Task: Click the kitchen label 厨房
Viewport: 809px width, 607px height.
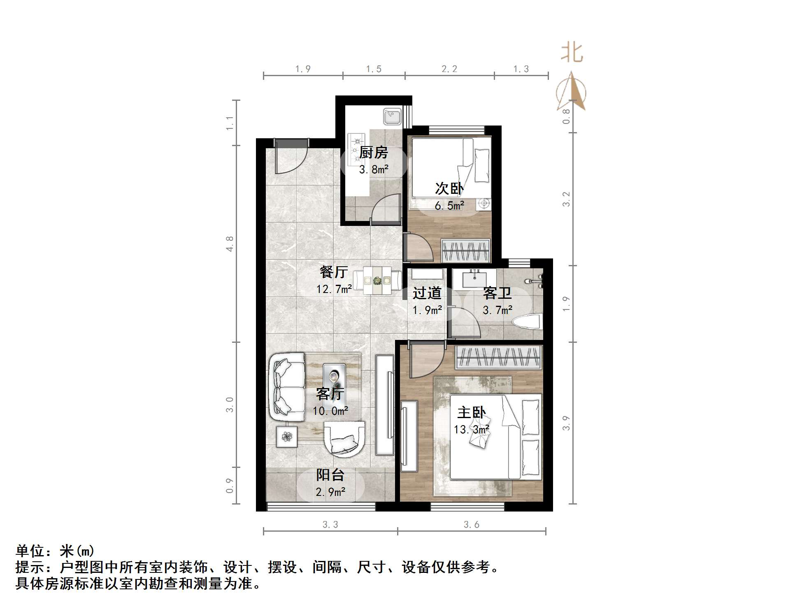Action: [x=374, y=153]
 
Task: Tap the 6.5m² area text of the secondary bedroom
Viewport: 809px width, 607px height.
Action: [x=449, y=205]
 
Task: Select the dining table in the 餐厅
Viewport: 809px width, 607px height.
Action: [x=377, y=281]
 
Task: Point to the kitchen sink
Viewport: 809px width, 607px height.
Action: [x=392, y=117]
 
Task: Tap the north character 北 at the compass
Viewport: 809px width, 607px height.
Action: [x=572, y=53]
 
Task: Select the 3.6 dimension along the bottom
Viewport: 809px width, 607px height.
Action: [x=471, y=525]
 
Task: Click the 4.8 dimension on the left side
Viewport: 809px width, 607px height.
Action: [x=230, y=244]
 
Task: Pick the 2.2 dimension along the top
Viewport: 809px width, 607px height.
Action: [x=449, y=69]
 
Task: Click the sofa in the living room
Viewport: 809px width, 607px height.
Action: [x=287, y=387]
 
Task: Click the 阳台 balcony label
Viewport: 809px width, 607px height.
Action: [x=330, y=475]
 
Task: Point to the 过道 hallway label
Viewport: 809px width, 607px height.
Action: [x=427, y=293]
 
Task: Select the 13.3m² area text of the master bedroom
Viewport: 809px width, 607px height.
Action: [x=471, y=430]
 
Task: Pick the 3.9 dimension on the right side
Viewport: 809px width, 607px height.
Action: [x=566, y=423]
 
